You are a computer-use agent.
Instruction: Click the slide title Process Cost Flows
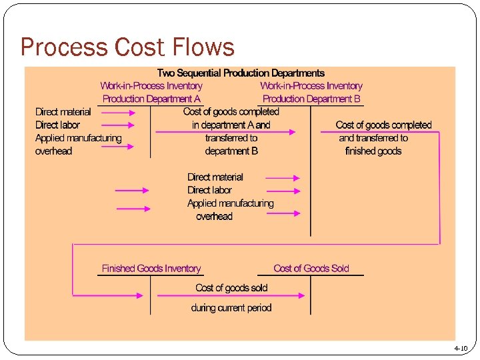tap(127, 47)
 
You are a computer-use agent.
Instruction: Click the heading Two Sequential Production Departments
tap(241, 73)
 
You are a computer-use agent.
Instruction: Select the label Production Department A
tap(151, 99)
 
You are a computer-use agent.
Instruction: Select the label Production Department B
tap(311, 99)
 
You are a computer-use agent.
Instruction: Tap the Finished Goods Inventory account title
tap(151, 269)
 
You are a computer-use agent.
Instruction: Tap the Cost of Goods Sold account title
tap(311, 269)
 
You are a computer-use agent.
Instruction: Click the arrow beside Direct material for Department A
tap(119, 113)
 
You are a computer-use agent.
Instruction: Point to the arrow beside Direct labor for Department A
tap(119, 125)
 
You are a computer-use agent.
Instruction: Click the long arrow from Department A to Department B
tap(225, 132)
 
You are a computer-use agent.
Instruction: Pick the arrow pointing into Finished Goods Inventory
tap(107, 295)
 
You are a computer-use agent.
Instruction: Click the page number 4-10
tap(461, 348)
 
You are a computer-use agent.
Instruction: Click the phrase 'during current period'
tap(231, 308)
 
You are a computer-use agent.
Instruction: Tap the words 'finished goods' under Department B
tap(373, 151)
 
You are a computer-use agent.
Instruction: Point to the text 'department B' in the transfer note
tap(231, 151)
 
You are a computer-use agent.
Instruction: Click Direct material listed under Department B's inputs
tap(215, 177)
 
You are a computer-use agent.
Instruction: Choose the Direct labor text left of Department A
tap(57, 125)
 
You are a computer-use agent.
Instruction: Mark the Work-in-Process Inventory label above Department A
tap(151, 86)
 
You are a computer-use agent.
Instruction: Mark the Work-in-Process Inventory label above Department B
tap(311, 86)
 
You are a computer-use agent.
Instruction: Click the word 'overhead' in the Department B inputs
tap(214, 217)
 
